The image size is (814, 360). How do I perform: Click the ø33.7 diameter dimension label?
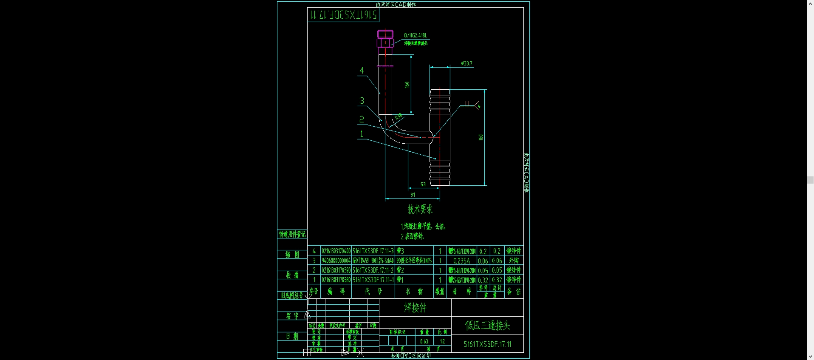pos(466,64)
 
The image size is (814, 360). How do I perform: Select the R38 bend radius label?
pos(399,116)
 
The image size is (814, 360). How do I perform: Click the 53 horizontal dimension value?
pos(423,184)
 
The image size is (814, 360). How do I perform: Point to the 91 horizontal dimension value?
pos(413,195)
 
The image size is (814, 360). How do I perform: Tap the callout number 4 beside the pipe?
pos(362,71)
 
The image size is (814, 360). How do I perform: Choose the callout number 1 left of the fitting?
pos(362,134)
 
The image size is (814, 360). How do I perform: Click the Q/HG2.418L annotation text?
pos(415,36)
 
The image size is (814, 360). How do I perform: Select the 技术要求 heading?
pos(420,209)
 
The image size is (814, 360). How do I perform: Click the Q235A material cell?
pos(461,261)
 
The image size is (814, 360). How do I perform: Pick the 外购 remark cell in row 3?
pos(514,261)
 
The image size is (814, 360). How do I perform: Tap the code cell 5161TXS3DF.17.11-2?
pos(373,270)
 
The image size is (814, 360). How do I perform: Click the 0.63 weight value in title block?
pos(424,341)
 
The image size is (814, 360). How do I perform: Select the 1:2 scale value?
pos(442,341)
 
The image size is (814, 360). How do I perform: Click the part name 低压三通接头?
pos(487,326)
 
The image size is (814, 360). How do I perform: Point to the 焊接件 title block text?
pos(415,307)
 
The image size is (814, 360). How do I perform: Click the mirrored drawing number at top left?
pos(343,15)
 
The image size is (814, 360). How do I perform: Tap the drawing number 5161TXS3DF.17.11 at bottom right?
pos(487,344)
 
